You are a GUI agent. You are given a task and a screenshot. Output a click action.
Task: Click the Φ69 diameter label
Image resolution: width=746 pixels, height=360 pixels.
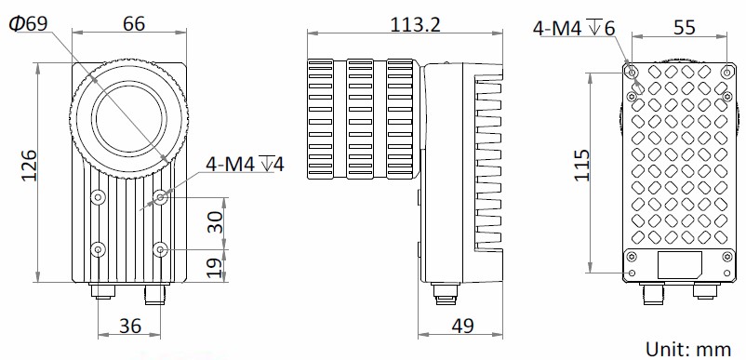tap(29, 23)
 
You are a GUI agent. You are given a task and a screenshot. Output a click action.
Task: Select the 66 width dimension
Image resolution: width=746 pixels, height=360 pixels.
tap(134, 23)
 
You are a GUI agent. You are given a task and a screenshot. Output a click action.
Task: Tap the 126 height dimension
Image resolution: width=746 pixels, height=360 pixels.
tap(29, 166)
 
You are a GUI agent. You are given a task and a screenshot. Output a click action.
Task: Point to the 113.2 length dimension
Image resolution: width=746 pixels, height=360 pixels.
tap(416, 24)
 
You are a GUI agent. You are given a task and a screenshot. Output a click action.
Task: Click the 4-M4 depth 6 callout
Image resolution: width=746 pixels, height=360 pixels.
tap(574, 28)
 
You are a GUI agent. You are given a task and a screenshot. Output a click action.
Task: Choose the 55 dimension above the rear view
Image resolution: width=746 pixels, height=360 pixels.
tap(685, 28)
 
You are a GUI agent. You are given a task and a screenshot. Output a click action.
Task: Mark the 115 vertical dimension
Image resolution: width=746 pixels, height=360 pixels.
tap(582, 166)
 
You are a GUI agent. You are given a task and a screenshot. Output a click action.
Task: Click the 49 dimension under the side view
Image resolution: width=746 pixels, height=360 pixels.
tap(462, 326)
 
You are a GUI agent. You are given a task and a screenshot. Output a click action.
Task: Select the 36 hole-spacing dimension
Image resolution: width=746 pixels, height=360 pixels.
tap(130, 326)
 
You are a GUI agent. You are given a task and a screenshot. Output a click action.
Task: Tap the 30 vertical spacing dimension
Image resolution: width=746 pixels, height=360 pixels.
tap(216, 222)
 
